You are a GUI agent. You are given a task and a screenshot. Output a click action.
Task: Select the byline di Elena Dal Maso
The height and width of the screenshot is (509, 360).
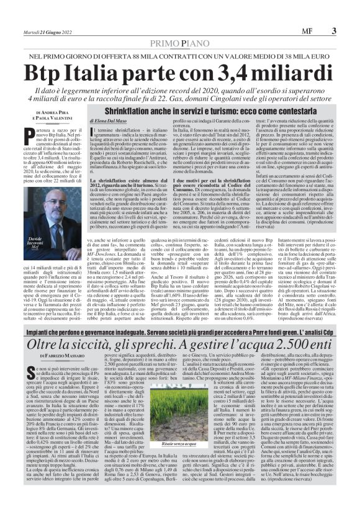click(111, 117)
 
